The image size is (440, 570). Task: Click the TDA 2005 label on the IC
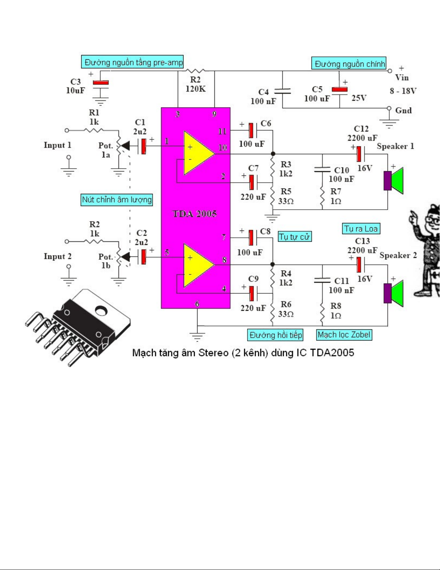coord(195,214)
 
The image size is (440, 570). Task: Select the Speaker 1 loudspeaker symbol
coord(394,181)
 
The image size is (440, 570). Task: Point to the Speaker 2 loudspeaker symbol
coord(394,293)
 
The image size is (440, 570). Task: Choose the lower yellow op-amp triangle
coord(198,265)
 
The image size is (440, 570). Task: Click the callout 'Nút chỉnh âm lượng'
coord(117,200)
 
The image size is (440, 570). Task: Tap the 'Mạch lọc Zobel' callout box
coord(344,335)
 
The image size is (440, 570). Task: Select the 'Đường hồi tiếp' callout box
coord(275,335)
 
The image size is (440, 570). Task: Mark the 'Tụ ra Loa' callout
coord(361,229)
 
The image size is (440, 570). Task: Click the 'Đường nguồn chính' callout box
coord(349,64)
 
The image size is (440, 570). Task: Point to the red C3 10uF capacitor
coord(101,83)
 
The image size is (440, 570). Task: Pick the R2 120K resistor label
coord(195,84)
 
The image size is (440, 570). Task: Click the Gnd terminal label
coord(403,111)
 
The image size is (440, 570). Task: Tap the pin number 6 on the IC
coord(197,304)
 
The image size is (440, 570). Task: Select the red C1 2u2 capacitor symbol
coord(144,146)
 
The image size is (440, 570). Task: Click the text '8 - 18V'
coord(403,91)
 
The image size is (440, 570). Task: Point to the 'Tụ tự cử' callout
coord(295,237)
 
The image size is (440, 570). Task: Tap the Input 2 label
coord(57,256)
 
